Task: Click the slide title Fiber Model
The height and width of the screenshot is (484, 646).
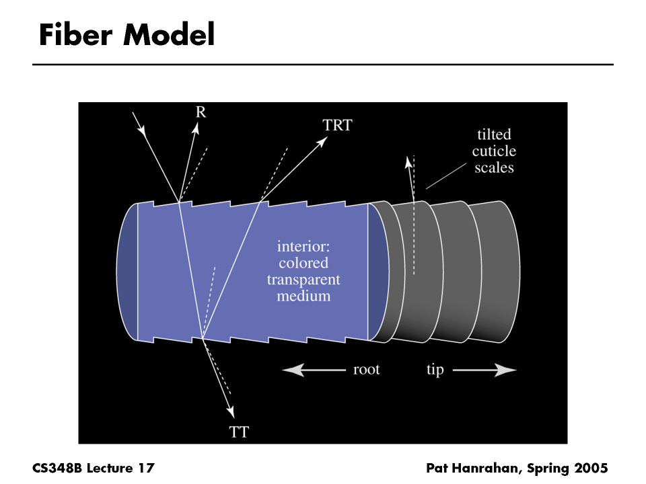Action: (127, 35)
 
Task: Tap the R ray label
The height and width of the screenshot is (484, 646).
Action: (201, 112)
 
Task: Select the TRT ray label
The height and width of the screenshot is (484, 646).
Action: (337, 125)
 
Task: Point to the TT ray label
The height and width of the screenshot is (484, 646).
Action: (240, 432)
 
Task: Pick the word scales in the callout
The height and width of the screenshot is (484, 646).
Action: (494, 168)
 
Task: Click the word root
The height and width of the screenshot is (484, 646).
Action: (366, 370)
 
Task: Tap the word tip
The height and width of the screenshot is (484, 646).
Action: (435, 370)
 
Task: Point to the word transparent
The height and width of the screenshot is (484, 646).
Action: (303, 279)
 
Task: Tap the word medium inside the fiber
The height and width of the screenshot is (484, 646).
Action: (303, 295)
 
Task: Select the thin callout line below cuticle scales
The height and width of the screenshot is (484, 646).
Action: (443, 177)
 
